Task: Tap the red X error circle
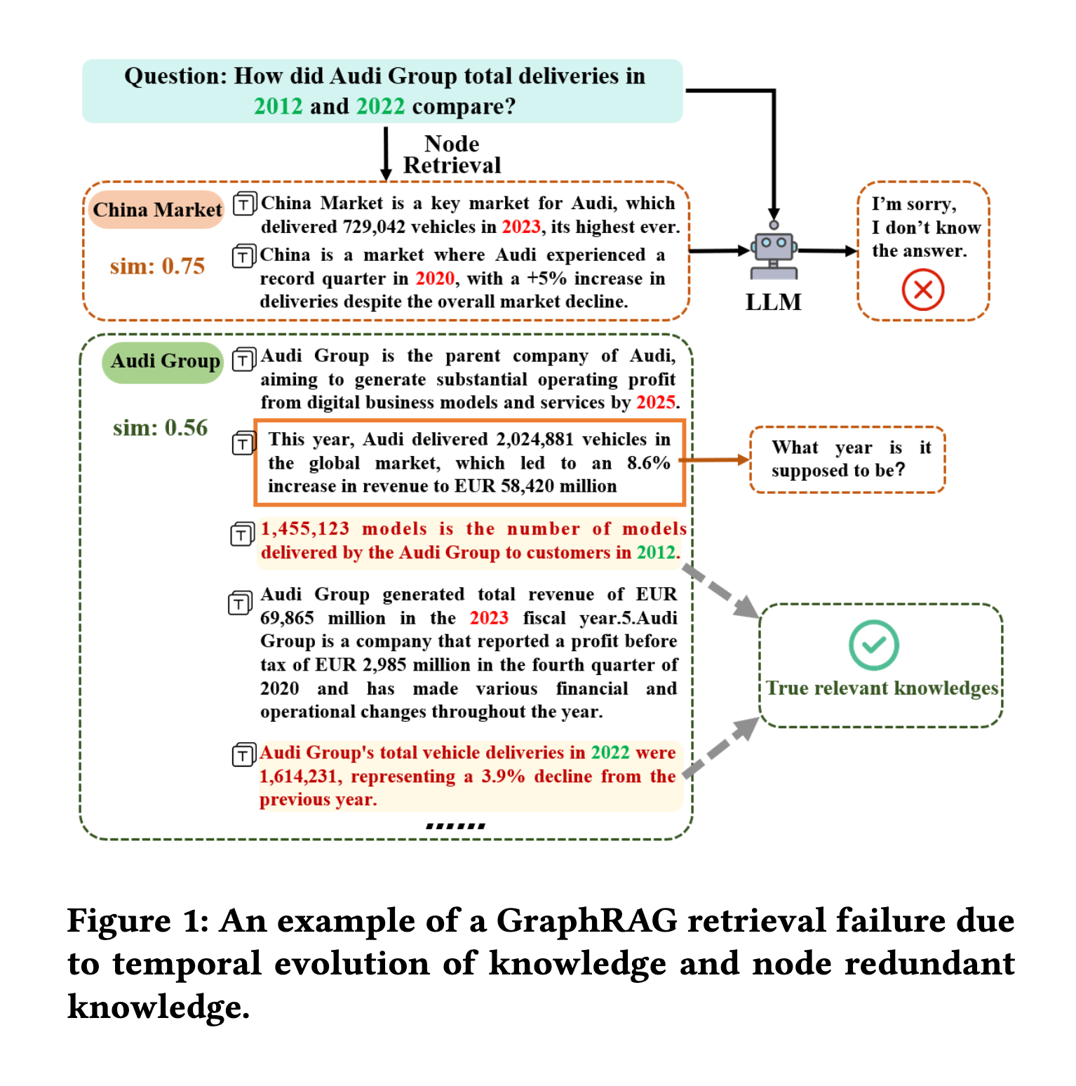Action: click(x=922, y=290)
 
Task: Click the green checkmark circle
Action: click(x=873, y=645)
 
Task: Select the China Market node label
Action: click(x=157, y=210)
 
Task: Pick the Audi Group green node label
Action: click(x=165, y=361)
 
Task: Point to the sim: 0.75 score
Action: click(x=157, y=267)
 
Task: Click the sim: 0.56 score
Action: click(x=160, y=428)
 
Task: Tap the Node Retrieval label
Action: click(x=452, y=154)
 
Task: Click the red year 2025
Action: click(x=655, y=403)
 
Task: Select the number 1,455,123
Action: click(x=304, y=529)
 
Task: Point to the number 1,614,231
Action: click(x=300, y=777)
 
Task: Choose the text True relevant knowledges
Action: click(x=882, y=688)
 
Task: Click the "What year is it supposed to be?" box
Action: click(x=847, y=460)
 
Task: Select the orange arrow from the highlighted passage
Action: click(x=715, y=460)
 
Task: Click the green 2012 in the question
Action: click(x=278, y=107)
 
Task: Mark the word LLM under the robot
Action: click(x=773, y=302)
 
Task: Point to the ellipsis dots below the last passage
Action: click(x=455, y=826)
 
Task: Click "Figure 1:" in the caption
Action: click(x=137, y=920)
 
